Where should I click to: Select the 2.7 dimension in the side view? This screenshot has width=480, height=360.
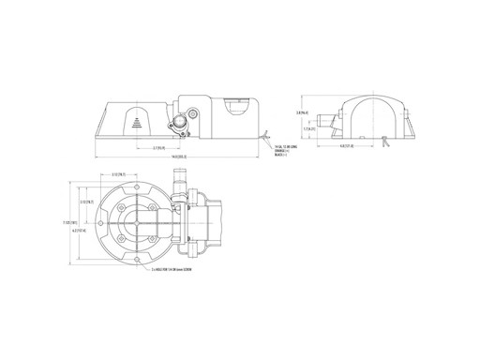(x=160, y=147)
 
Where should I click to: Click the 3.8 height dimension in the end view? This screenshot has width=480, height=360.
(x=302, y=112)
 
